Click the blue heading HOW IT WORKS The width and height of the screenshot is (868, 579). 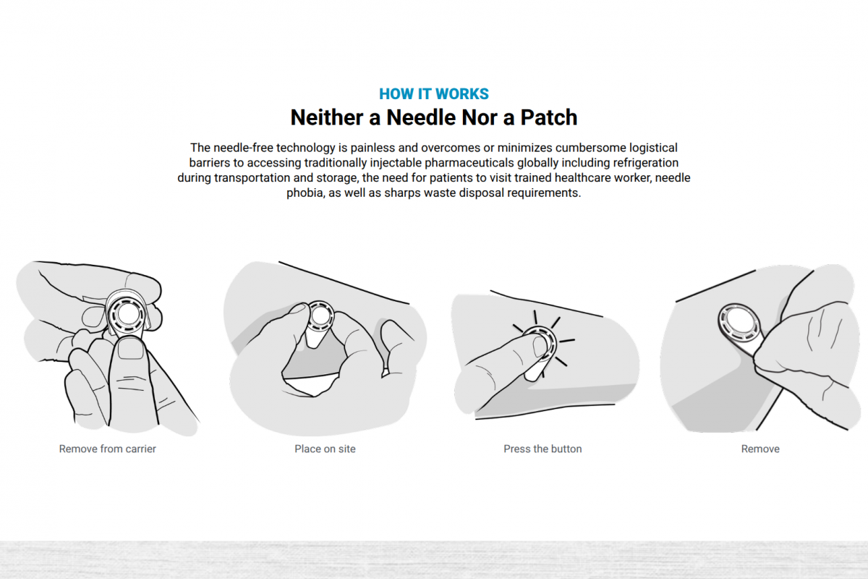(x=433, y=94)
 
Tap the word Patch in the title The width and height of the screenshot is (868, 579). (x=548, y=117)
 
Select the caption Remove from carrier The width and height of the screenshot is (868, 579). (x=107, y=449)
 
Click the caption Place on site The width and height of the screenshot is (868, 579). (x=325, y=449)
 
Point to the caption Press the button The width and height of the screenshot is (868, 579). (x=542, y=449)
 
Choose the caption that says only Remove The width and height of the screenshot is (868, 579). (x=760, y=449)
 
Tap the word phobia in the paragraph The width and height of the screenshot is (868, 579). (x=305, y=193)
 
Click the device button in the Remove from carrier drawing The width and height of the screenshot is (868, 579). (x=127, y=314)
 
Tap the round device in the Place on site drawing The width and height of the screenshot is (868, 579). (x=320, y=316)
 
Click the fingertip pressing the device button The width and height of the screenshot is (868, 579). (x=539, y=346)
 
